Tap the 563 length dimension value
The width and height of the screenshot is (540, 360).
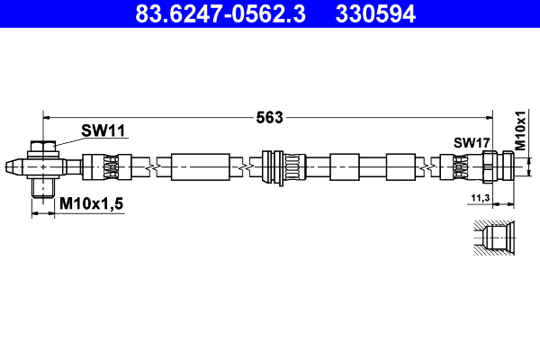pyautogui.click(x=270, y=116)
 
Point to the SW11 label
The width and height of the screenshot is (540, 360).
pyautogui.click(x=103, y=130)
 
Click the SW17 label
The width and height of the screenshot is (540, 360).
pyautogui.click(x=471, y=142)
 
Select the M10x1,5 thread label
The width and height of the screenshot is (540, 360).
pyautogui.click(x=91, y=205)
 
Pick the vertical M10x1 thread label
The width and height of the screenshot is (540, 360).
pyautogui.click(x=520, y=130)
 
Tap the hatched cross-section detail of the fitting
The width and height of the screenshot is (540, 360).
pyautogui.click(x=493, y=239)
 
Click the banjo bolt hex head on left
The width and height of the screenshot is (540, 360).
pyautogui.click(x=42, y=147)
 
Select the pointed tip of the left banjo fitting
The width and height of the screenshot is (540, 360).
pyautogui.click(x=11, y=166)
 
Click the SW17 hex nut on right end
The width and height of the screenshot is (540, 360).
pyautogui.click(x=489, y=166)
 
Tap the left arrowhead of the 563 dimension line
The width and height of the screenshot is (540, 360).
pyautogui.click(x=48, y=116)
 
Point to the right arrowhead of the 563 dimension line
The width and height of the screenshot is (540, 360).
pyautogui.click(x=490, y=116)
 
